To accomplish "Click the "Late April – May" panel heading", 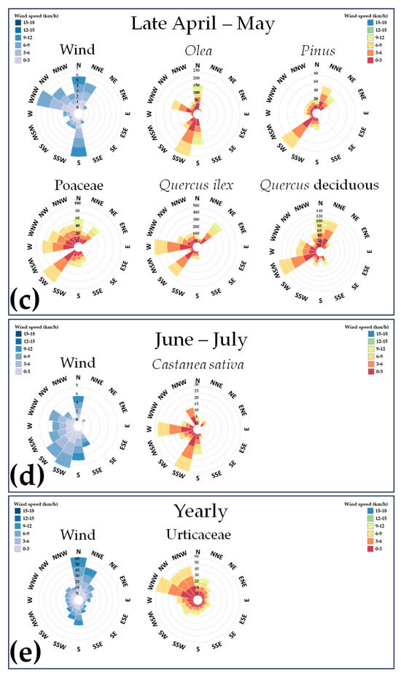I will pos(202,24).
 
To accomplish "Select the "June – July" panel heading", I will pos(202,338).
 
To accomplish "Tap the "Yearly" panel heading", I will pos(202,510).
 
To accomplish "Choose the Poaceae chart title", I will pos(78,185).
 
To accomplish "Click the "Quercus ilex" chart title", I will pos(195,185).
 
